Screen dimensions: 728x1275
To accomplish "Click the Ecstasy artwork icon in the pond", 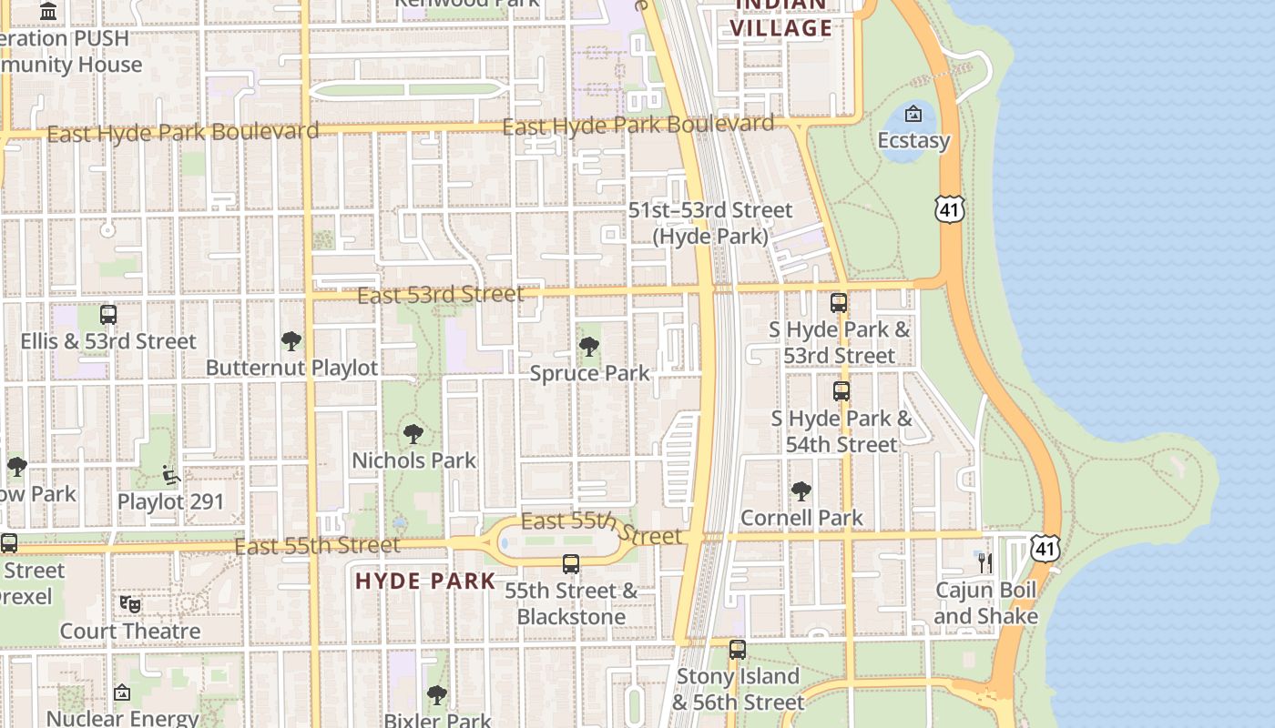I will [913, 114].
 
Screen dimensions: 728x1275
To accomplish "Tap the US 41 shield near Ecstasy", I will [949, 210].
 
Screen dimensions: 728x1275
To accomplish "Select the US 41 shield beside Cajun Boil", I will [1045, 548].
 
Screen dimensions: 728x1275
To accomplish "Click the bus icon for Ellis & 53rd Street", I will [108, 315].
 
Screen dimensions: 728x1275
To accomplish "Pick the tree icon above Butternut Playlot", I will [291, 341].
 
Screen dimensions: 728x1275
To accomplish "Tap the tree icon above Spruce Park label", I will [589, 347].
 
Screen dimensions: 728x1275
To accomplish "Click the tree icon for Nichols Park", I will [413, 434].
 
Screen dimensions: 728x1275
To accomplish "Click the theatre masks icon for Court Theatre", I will [130, 604].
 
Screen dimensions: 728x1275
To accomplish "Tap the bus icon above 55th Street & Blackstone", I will [571, 564].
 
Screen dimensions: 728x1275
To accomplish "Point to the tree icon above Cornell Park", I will [801, 491].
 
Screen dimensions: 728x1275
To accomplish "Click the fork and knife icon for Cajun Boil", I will [984, 562].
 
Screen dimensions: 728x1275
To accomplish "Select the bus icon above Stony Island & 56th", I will [738, 650].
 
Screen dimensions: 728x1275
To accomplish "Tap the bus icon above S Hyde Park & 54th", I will [841, 391].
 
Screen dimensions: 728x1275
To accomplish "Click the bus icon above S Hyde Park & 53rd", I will [839, 303].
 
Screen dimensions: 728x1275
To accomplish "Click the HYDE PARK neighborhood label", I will [425, 581].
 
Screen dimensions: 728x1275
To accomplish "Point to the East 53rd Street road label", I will [440, 295].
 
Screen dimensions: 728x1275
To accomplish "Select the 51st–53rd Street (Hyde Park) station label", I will [710, 223].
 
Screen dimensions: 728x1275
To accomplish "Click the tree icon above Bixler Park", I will [437, 695].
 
